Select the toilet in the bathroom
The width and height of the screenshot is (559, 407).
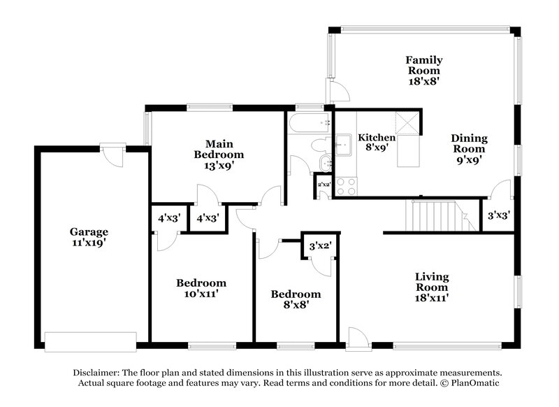pos(319,145)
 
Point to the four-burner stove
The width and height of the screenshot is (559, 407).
pos(346,185)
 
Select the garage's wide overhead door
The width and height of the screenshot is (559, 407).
pos(89,341)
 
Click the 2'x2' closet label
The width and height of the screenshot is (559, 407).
pos(324,185)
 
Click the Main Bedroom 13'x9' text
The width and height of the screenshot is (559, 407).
pos(219,155)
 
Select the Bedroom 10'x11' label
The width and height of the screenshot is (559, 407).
pos(201,289)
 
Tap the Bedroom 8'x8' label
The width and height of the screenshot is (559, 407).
pos(296,299)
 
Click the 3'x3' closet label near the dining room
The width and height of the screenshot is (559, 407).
pos(498,216)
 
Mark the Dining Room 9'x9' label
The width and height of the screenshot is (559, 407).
pos(468,148)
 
